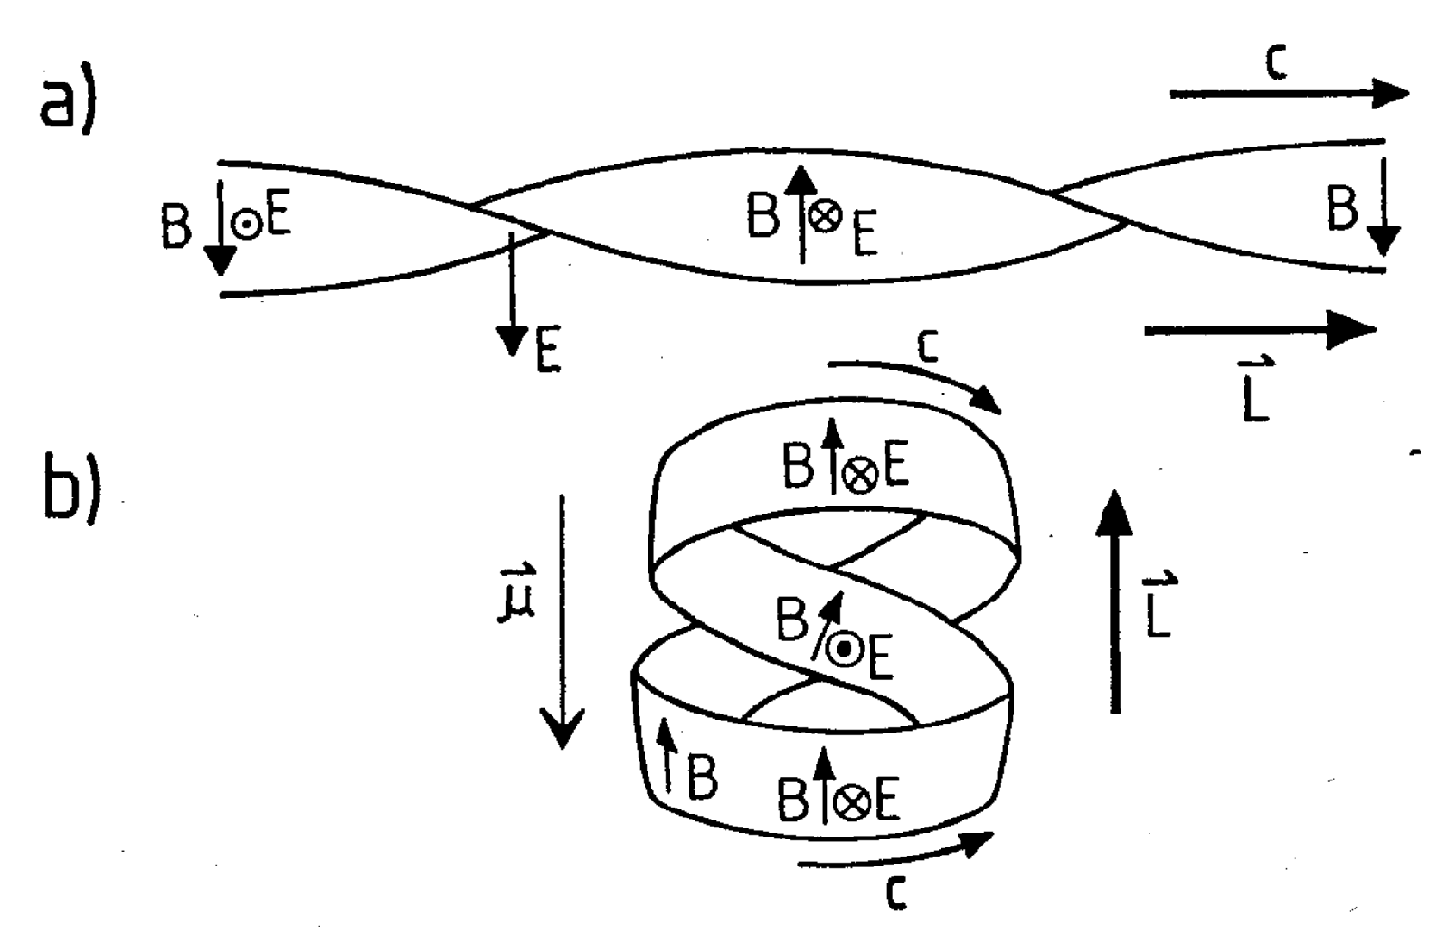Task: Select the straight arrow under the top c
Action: [x=1289, y=93]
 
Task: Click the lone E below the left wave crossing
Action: [x=547, y=352]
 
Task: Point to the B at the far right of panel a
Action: [x=1342, y=211]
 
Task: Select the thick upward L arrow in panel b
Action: [x=1116, y=601]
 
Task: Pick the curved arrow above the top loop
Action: [x=913, y=380]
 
